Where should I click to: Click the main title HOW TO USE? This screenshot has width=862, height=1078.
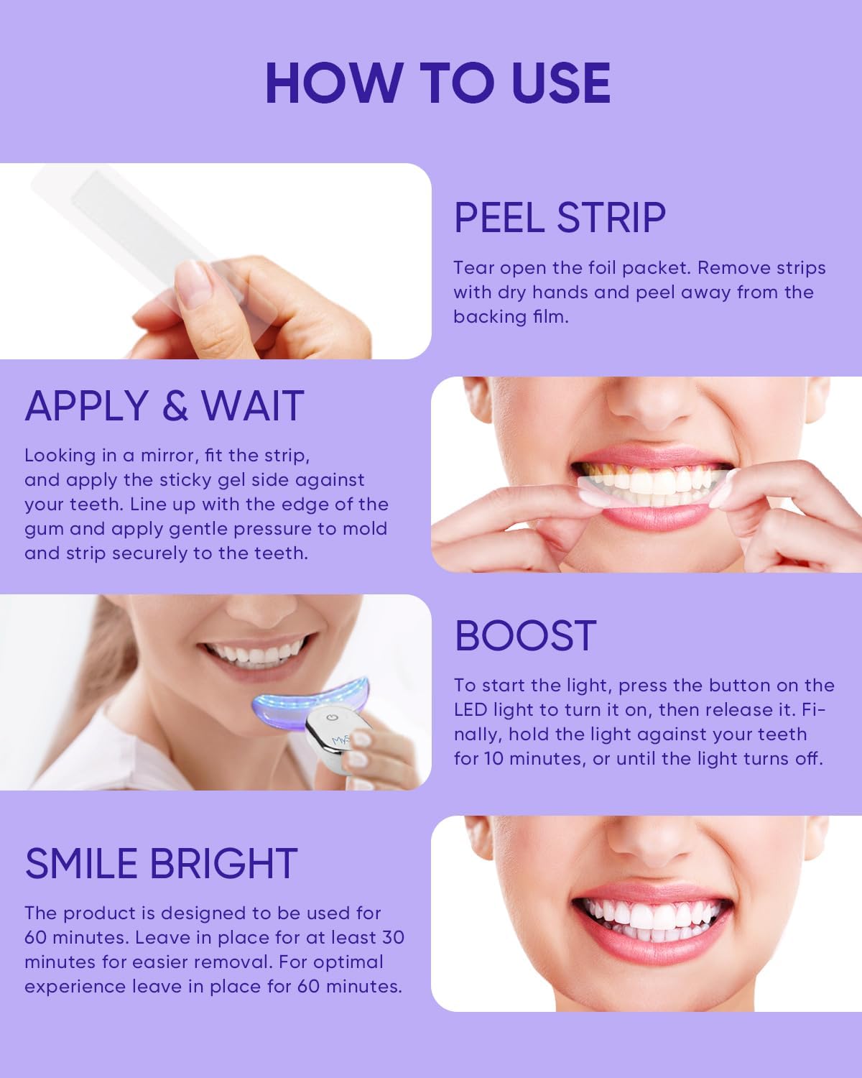(x=437, y=83)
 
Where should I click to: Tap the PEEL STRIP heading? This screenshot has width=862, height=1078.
(x=560, y=218)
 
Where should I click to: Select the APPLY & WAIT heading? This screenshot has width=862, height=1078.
(x=164, y=406)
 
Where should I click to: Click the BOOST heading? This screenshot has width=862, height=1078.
(x=525, y=636)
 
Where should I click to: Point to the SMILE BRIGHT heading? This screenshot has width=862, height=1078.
(x=161, y=864)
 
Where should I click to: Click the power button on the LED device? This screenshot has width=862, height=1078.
(x=331, y=717)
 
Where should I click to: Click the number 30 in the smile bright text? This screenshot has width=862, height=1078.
(x=391, y=938)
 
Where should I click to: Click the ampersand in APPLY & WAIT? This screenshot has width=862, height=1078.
(x=175, y=406)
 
